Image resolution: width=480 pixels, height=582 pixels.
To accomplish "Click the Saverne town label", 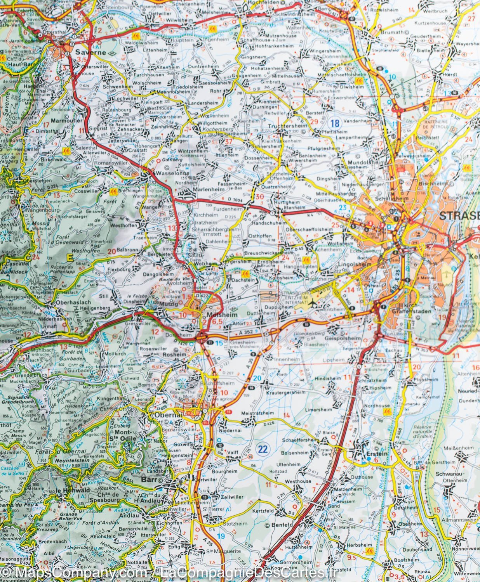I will [x=85, y=52].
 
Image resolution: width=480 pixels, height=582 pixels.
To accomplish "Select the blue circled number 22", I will [x=263, y=438].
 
